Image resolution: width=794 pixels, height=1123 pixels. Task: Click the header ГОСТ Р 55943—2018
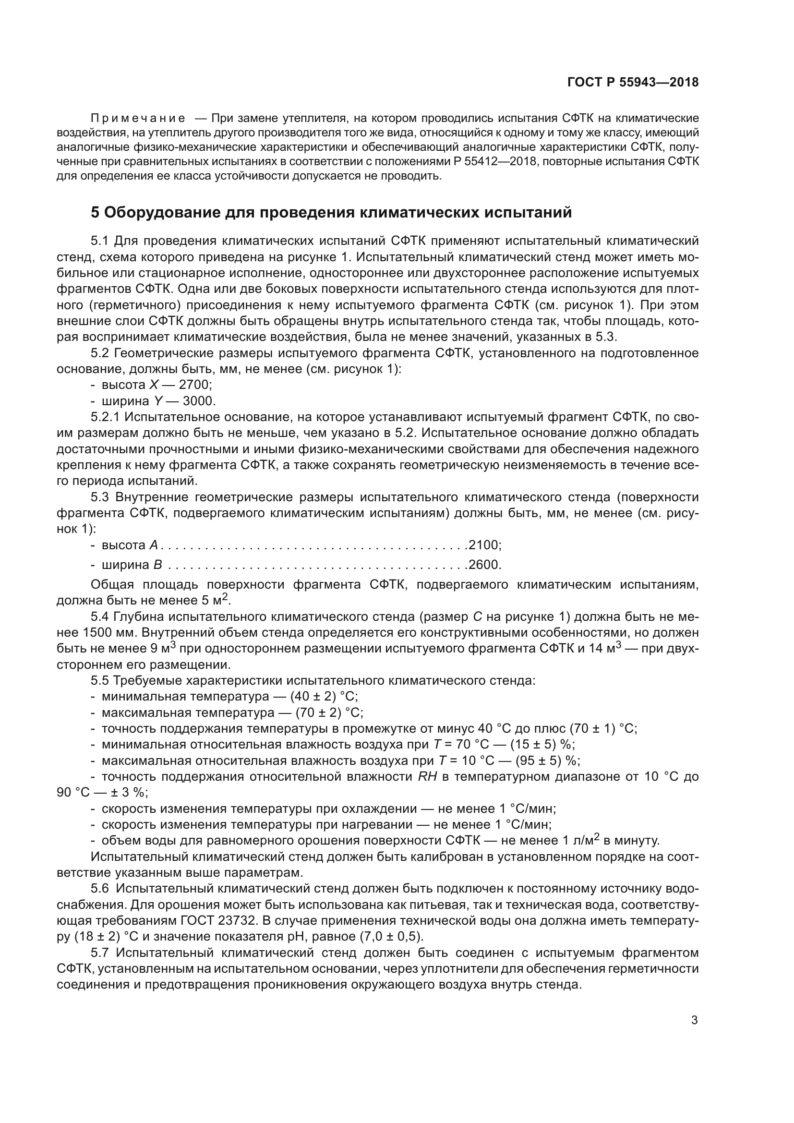633,82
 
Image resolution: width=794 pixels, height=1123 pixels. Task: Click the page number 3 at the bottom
694,1020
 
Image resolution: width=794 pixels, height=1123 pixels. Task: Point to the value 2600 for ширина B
483,565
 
